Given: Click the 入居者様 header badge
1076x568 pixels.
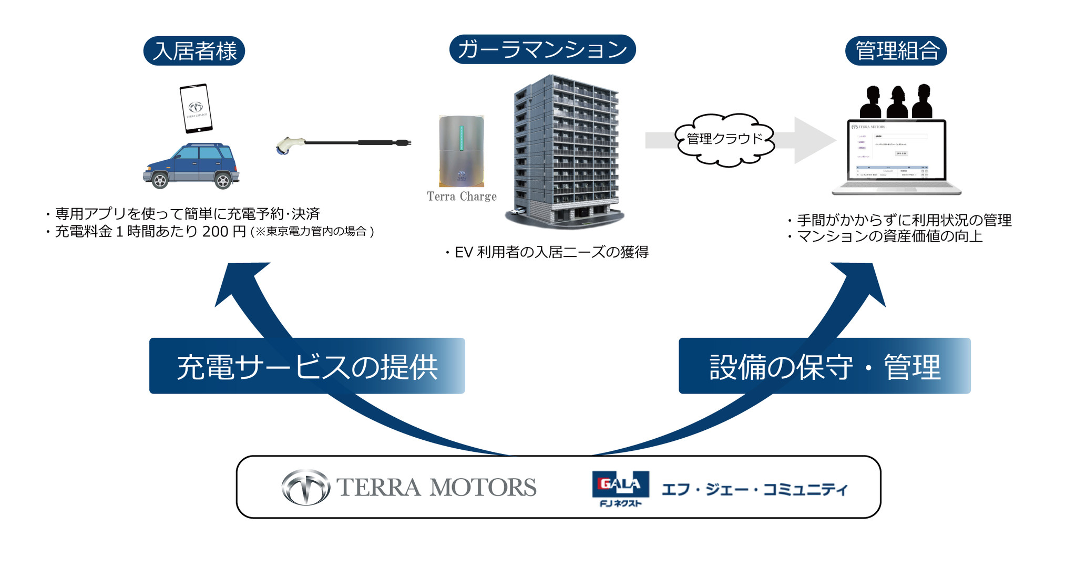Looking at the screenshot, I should click(x=194, y=51).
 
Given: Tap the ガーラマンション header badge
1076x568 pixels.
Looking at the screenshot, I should click(x=542, y=49).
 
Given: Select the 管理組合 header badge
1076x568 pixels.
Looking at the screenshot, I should click(x=896, y=51).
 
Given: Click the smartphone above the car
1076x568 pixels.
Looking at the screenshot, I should click(x=196, y=108).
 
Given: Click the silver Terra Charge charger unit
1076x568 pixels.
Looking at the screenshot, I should click(x=461, y=151).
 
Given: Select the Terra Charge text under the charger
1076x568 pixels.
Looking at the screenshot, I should click(x=461, y=197).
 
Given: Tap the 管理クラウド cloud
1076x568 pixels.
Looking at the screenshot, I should click(x=724, y=139).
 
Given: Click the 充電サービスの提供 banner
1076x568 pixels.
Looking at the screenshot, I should click(x=307, y=366).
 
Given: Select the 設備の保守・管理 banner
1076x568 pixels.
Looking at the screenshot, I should click(x=824, y=366).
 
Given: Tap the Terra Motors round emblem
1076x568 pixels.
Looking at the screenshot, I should click(x=305, y=487).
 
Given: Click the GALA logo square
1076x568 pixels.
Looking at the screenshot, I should click(x=620, y=484).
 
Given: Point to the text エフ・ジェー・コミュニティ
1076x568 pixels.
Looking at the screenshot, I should click(x=754, y=489).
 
